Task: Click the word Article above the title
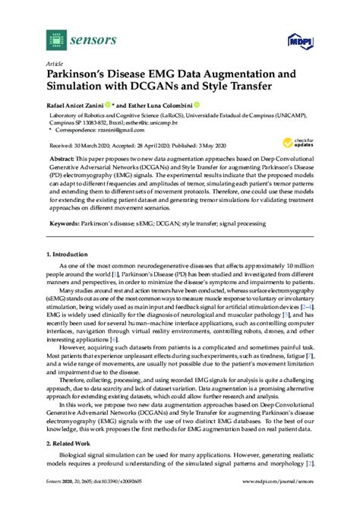click(54, 65)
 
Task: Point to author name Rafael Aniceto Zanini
click(77, 106)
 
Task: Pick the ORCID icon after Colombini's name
click(197, 105)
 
